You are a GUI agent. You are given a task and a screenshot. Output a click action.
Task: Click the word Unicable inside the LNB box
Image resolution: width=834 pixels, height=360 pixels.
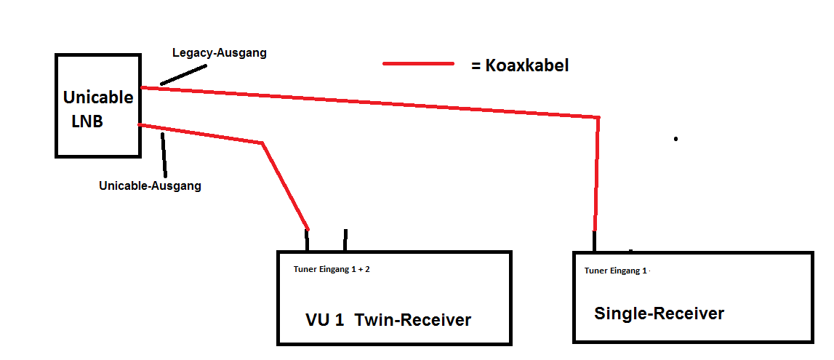tap(98, 97)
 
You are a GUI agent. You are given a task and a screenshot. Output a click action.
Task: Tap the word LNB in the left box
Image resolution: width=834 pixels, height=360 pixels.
tap(87, 121)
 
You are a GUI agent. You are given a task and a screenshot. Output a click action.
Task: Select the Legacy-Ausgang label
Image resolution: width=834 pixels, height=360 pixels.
tap(220, 53)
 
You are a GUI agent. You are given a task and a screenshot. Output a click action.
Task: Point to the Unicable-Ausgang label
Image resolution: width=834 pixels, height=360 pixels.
tap(150, 185)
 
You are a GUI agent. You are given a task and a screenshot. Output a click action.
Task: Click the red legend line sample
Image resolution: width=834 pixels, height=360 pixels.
tap(418, 64)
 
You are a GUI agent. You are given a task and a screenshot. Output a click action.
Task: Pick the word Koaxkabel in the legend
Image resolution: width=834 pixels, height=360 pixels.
tap(528, 65)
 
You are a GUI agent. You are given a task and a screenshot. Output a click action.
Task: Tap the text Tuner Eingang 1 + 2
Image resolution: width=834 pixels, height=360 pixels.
tap(332, 269)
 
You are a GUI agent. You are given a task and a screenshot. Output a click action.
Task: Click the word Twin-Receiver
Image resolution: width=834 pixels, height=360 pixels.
tap(412, 320)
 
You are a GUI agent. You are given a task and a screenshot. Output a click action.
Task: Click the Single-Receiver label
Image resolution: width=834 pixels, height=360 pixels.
tap(659, 313)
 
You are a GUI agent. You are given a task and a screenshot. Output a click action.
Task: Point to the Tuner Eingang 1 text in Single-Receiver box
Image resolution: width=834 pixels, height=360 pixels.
tap(615, 271)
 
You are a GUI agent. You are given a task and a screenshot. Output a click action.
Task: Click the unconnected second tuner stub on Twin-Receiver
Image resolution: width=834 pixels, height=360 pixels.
tap(345, 240)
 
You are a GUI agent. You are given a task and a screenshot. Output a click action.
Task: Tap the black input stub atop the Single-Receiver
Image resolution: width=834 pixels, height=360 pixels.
tap(595, 241)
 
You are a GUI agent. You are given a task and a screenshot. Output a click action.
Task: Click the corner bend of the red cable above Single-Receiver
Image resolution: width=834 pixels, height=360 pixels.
tap(598, 118)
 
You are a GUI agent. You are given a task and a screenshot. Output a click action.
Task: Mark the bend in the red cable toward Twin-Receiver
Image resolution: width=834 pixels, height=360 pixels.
tap(262, 143)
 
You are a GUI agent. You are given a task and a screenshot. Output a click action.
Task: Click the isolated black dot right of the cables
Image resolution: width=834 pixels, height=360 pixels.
tap(675, 138)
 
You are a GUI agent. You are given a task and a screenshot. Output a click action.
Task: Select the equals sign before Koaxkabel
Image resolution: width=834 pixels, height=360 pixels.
tap(476, 65)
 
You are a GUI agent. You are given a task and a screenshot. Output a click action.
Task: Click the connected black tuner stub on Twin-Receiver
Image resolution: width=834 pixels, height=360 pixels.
tap(308, 241)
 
